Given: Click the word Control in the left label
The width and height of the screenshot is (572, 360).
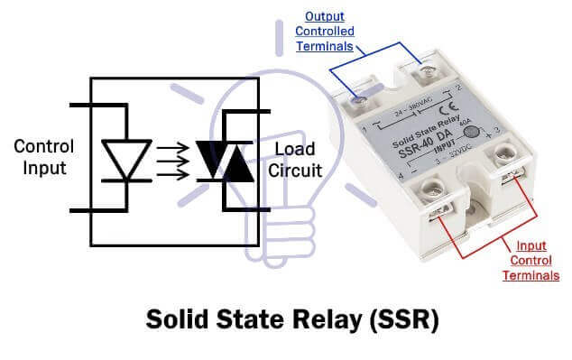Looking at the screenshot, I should point(43,146).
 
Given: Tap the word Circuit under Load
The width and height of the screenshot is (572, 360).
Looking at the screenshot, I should point(294,169).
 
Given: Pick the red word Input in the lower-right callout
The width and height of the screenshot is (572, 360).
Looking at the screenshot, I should point(530,245).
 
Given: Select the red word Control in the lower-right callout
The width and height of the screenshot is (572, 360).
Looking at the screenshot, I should point(531,260).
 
